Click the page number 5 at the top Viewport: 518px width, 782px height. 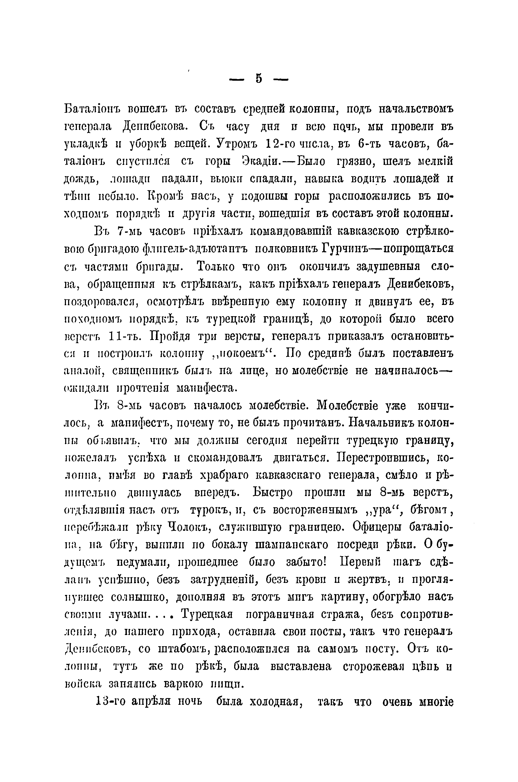pyautogui.click(x=258, y=79)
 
